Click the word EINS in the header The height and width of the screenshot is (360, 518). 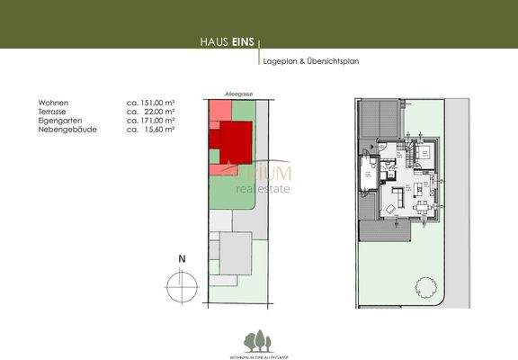(x=243, y=41)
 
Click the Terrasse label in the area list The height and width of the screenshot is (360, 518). (x=54, y=112)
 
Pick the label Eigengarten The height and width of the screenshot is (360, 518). (x=58, y=120)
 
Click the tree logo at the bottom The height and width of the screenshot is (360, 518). (x=259, y=340)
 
